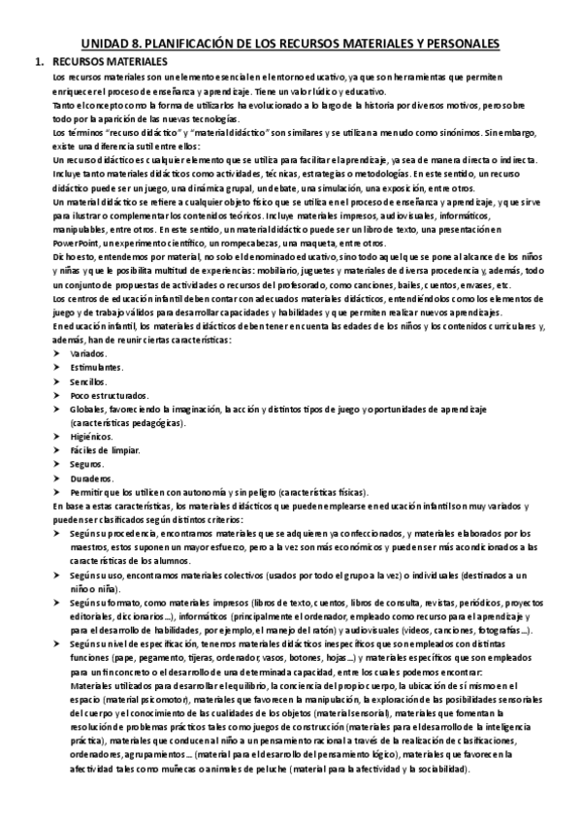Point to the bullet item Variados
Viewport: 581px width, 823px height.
tap(87, 356)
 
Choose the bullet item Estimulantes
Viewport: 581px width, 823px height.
tap(96, 370)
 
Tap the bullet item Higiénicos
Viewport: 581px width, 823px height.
tap(91, 438)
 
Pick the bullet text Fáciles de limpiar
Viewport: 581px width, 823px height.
tap(105, 451)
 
